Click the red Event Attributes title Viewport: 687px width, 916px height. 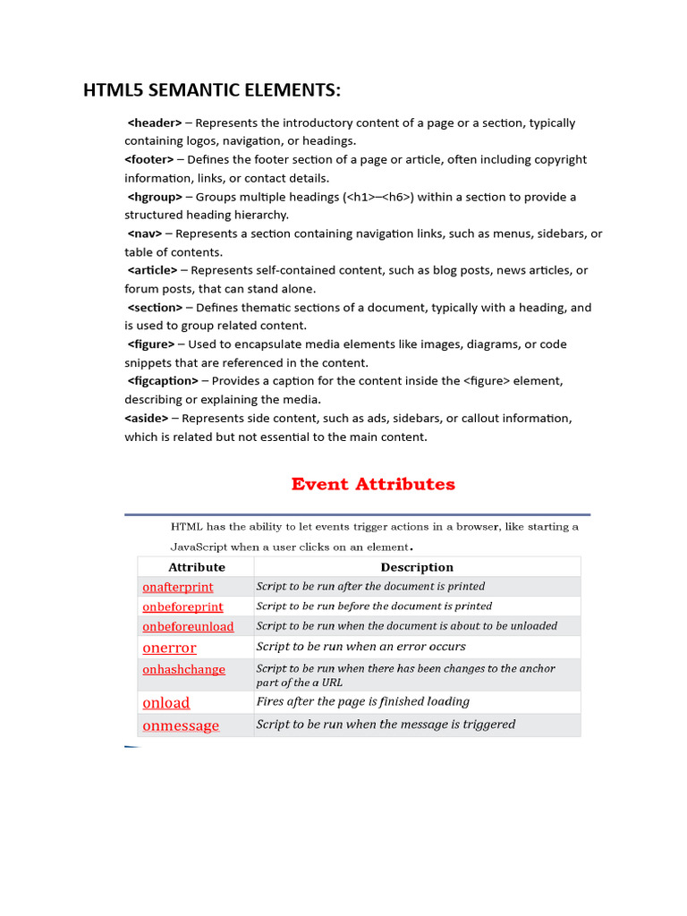[x=373, y=484]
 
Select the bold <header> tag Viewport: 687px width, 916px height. [x=155, y=123]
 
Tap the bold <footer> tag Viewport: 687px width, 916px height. [x=149, y=159]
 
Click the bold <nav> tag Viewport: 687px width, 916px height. [x=145, y=233]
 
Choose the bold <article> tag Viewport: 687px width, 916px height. [x=153, y=270]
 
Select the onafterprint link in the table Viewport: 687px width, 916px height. [x=178, y=587]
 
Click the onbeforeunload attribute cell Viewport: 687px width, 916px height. [x=188, y=626]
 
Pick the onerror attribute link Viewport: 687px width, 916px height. [x=169, y=648]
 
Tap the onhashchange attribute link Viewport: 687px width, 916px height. [x=183, y=669]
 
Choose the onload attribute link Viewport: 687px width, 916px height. [x=166, y=703]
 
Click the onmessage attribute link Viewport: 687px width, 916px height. [x=181, y=725]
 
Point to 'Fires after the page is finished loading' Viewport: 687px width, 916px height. [x=362, y=702]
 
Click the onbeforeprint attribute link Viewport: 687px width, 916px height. [x=182, y=606]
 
